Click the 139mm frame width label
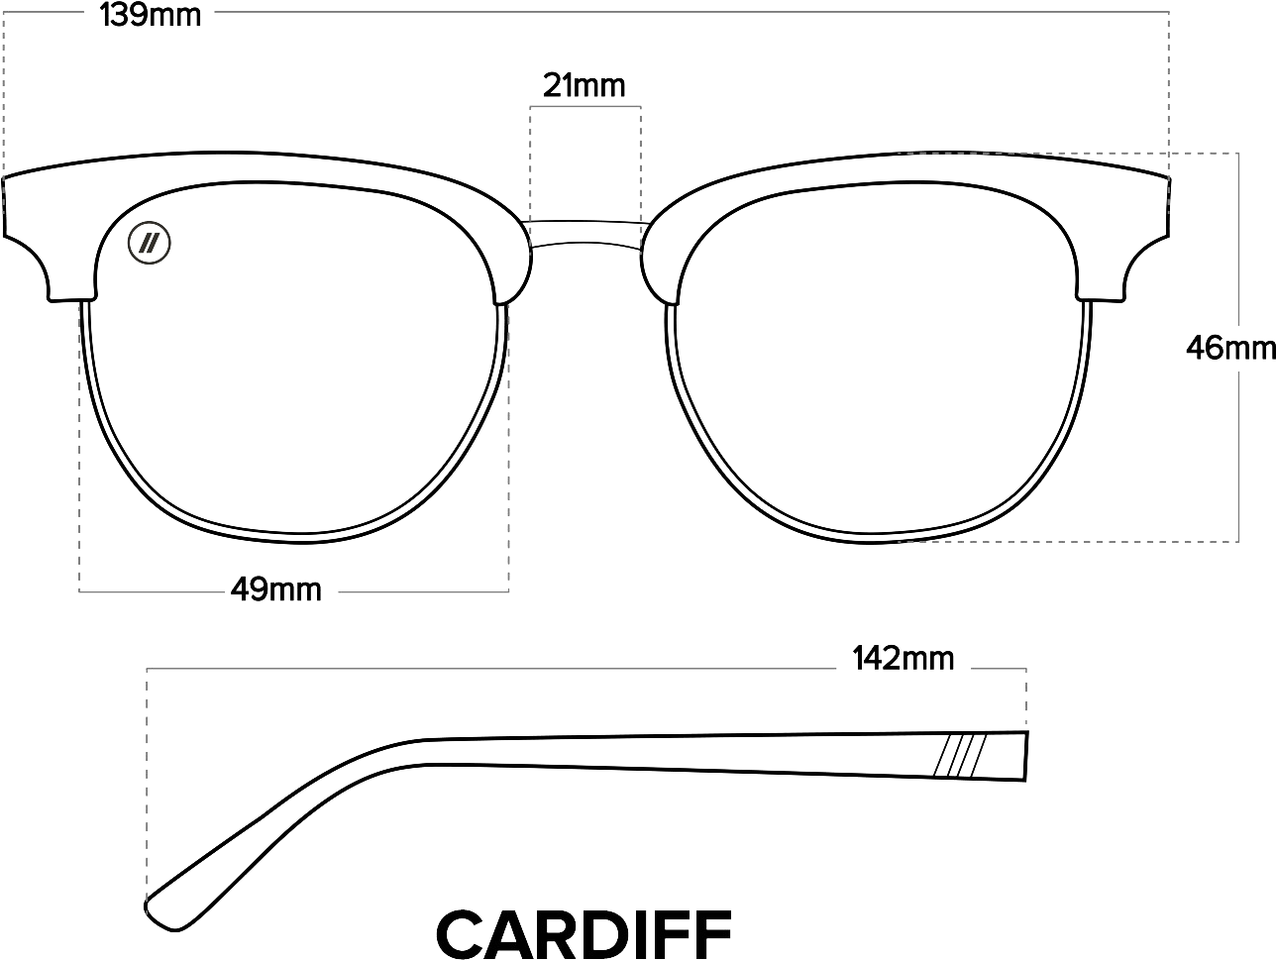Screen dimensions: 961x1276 pos(151,16)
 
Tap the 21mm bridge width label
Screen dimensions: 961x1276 pos(584,86)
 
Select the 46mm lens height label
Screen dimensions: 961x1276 pos(1228,349)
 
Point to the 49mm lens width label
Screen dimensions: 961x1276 pos(275,590)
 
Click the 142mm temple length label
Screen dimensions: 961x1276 pos(903,658)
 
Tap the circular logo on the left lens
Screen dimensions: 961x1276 pos(151,242)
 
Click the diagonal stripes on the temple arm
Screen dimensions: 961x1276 pos(959,756)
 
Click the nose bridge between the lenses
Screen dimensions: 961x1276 pos(585,238)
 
